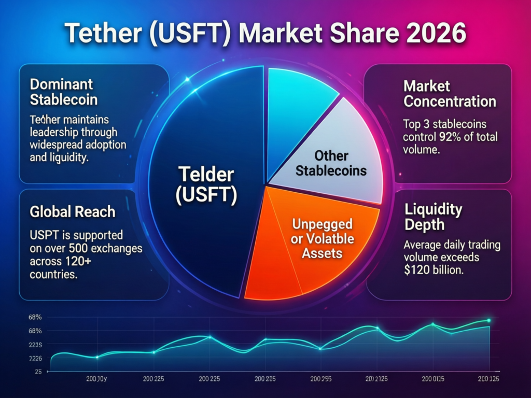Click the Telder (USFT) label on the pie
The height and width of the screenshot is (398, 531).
tap(206, 185)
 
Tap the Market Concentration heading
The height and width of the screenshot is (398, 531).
tap(449, 94)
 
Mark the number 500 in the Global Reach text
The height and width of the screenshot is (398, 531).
tap(85, 248)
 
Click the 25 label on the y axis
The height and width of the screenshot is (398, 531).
tap(38, 372)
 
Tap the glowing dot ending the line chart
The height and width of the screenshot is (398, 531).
tap(488, 320)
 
